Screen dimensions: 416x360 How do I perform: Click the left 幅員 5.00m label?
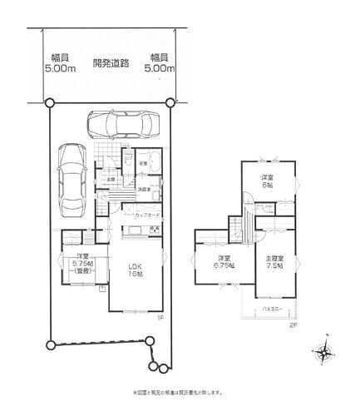[59, 64]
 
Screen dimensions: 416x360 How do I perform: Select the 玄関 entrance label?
[110, 179]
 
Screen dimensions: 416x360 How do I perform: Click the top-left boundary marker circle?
[50, 102]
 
